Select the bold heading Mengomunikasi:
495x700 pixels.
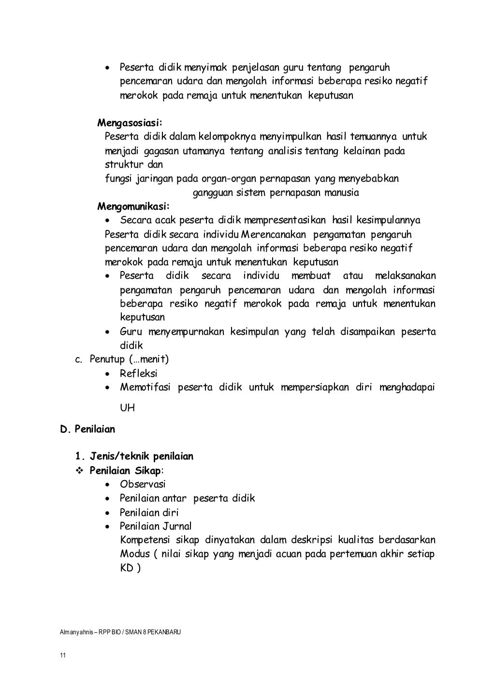tap(133, 207)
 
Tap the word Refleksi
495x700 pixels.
tap(139, 373)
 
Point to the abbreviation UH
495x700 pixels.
tap(127, 408)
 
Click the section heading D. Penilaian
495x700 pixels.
tap(87, 429)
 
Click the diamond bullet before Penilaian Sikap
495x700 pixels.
tap(79, 471)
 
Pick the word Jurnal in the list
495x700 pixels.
tap(176, 526)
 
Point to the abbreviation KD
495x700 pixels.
tap(127, 568)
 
